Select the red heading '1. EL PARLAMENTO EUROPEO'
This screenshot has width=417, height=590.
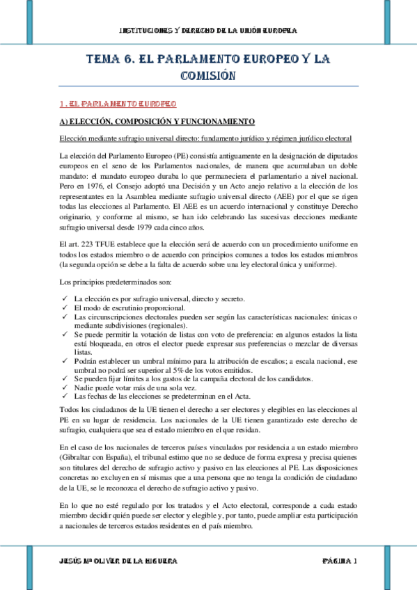coord(117,104)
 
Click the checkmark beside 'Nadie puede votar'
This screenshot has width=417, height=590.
coord(64,388)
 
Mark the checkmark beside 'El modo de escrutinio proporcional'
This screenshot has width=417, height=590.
coord(64,307)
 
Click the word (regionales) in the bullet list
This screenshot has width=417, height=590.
coord(164,325)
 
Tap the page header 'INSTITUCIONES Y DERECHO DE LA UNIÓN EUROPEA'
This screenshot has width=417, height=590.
coord(208,31)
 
